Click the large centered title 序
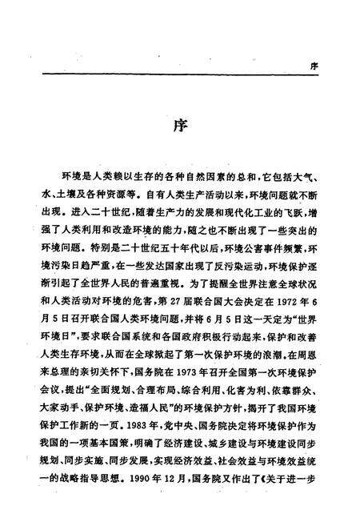click(179, 129)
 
